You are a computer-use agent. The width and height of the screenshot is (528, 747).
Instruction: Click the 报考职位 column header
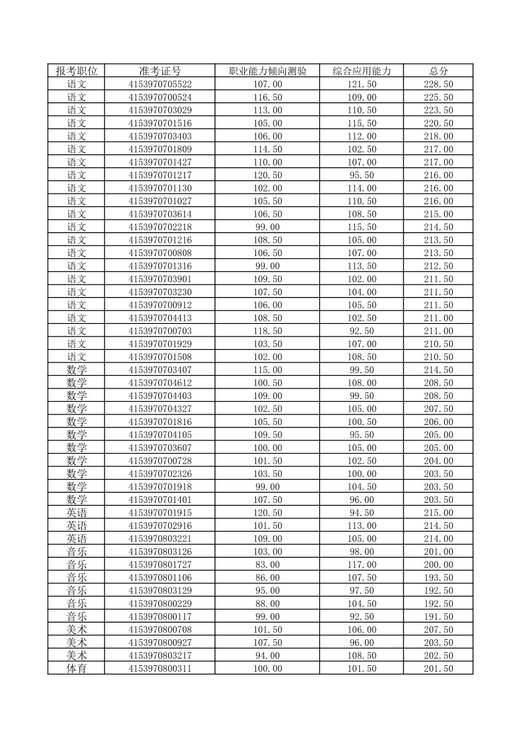pos(76,71)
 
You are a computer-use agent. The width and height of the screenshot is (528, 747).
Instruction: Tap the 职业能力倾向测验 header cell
pos(268,71)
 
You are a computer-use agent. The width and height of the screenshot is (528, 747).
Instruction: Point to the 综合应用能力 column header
pos(362,71)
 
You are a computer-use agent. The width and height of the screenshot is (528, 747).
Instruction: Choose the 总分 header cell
pos(438,71)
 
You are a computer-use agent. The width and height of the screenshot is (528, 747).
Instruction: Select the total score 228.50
pos(438,84)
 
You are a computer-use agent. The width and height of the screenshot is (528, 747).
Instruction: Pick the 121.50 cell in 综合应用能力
pos(362,84)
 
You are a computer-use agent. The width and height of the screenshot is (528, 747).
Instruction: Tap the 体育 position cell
pos(76,669)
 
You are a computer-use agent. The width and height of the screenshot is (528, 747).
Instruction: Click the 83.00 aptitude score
pos(268,565)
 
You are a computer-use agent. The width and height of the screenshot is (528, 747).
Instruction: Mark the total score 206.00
pos(438,422)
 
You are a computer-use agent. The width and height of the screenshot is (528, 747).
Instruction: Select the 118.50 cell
pos(268,331)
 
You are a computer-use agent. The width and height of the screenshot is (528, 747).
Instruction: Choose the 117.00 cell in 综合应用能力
pos(362,565)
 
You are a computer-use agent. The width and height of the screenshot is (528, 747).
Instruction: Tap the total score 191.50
pos(438,617)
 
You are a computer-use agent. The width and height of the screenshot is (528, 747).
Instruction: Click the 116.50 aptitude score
pos(268,97)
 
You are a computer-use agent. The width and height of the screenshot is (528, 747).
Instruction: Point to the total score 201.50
pos(438,669)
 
